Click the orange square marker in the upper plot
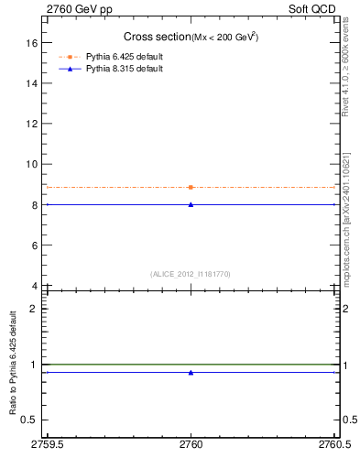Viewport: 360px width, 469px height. coord(191,187)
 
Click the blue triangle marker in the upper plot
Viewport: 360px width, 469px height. coord(191,204)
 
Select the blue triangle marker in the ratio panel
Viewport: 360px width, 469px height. coord(191,373)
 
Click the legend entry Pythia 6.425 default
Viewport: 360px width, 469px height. coord(124,57)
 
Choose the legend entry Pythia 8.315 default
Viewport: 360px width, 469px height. coord(124,69)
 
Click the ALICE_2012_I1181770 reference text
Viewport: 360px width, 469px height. coord(191,274)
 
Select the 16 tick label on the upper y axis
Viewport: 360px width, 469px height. coord(32,42)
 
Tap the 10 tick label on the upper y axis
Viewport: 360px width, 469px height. coord(32,164)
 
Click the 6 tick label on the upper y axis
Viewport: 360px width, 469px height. coord(35,245)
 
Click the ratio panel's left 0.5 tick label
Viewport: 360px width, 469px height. coord(29,420)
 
